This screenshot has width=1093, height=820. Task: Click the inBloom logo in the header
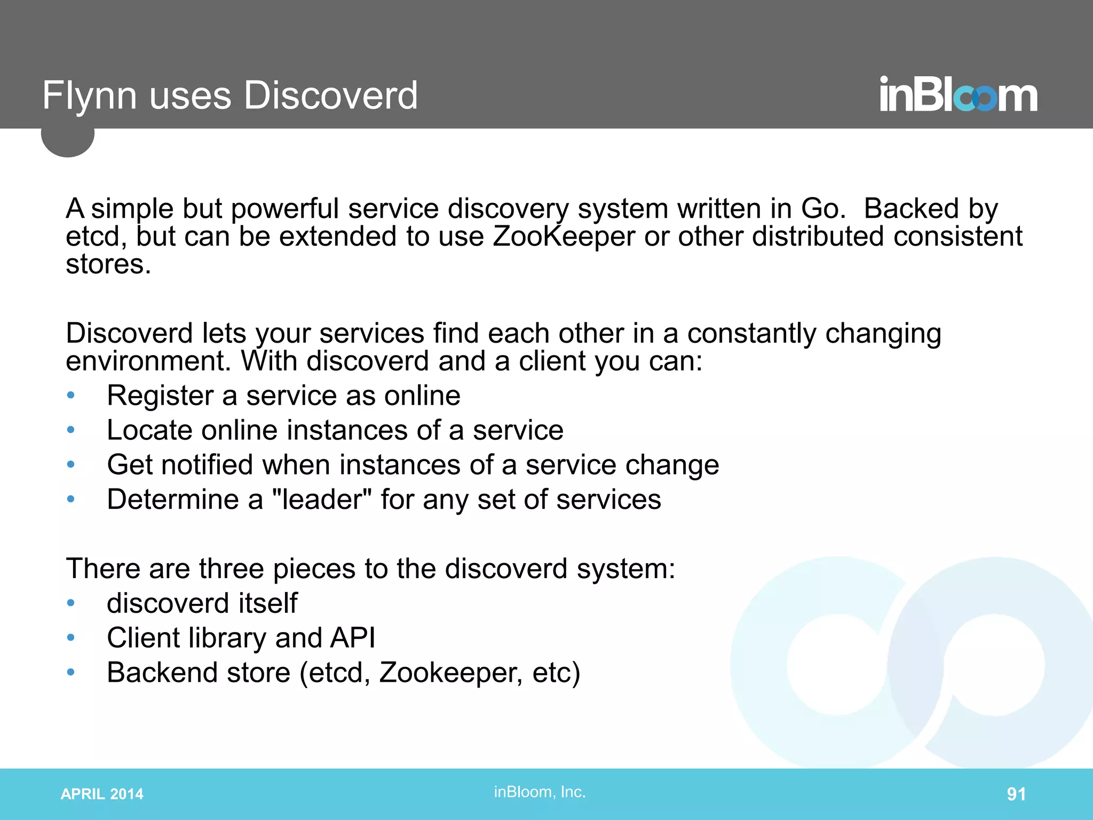point(958,96)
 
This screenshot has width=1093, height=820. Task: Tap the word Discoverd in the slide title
point(331,96)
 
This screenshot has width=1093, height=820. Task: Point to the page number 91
point(1016,794)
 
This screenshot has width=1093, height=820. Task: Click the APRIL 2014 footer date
point(102,794)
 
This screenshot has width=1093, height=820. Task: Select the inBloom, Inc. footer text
point(540,792)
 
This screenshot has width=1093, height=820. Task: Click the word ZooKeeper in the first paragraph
point(564,236)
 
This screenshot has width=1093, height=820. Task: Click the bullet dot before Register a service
point(70,396)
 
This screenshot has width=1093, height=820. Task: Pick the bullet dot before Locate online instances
point(70,430)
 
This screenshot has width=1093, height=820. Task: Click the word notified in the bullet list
point(207,464)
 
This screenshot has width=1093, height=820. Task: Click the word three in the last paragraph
point(231,568)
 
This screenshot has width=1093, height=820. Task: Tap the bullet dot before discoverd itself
point(70,603)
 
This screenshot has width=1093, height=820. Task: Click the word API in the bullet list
point(353,637)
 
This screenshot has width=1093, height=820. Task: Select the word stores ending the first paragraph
point(108,264)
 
